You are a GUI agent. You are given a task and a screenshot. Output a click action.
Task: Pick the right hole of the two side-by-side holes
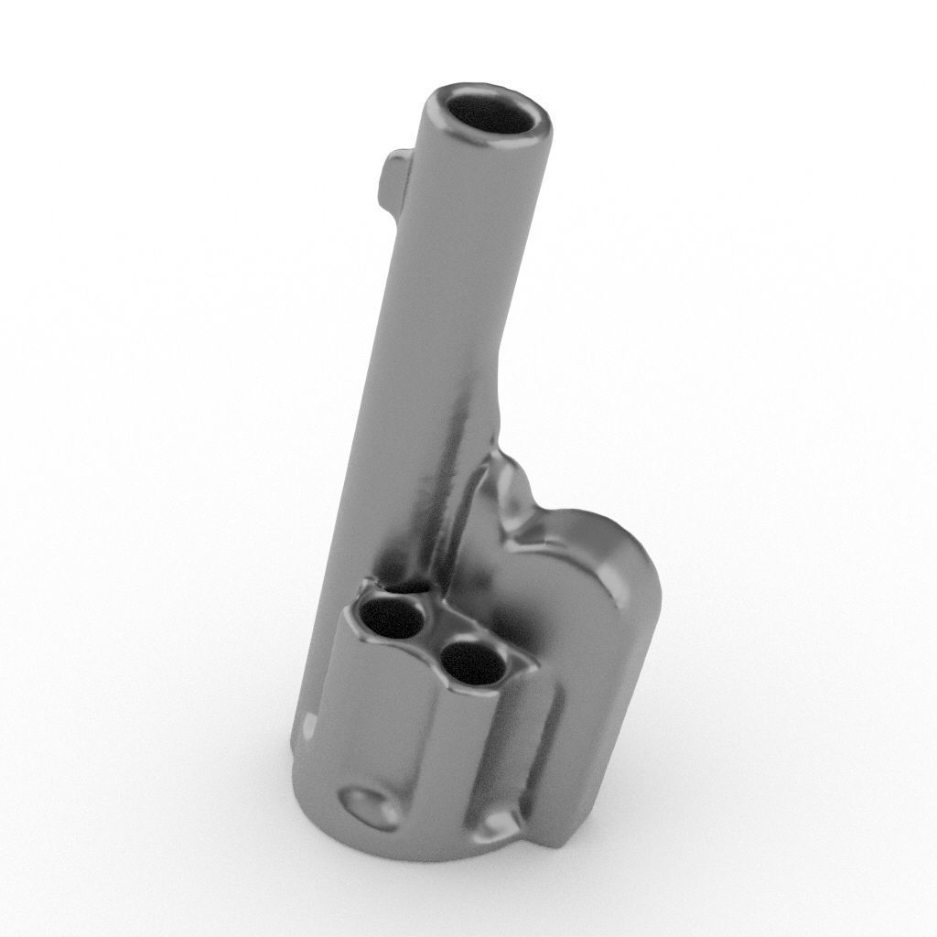[x=473, y=662]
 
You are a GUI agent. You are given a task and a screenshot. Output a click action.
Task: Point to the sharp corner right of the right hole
[x=532, y=667]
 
